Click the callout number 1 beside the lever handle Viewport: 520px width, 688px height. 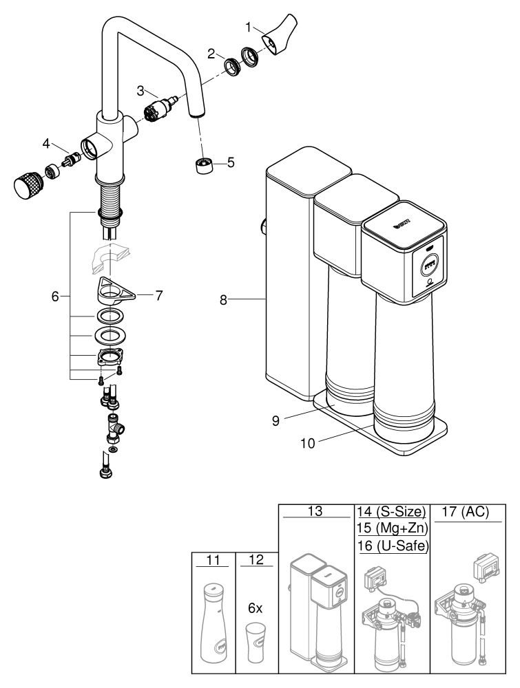point(249,28)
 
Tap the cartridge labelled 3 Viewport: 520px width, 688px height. point(161,109)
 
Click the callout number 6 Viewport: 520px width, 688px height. point(55,297)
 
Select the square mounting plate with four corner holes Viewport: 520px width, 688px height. point(109,357)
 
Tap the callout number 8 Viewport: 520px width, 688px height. point(224,301)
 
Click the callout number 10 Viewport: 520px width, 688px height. point(308,444)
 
